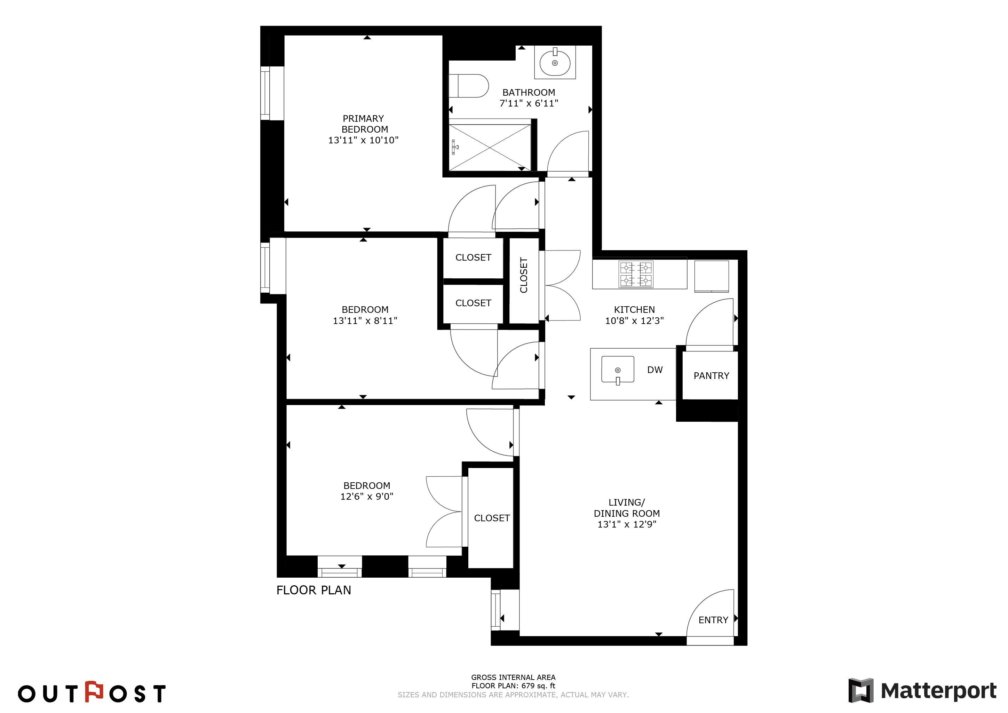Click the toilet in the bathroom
pos(468,86)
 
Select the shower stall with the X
pos(490,148)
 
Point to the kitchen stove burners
pos(636,274)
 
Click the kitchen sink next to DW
pos(618,370)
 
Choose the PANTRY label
pos(711,376)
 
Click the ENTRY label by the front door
pos(713,620)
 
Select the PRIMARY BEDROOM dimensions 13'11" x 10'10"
pos(364,140)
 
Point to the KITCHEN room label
pos(634,309)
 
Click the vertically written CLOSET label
pos(523,275)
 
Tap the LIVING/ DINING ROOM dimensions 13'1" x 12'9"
pos(627,524)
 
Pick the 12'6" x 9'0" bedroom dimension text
pos(367,497)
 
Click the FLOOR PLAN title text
pos(314,590)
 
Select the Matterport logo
pos(922,690)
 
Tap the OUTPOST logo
pos(92,692)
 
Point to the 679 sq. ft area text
pos(538,686)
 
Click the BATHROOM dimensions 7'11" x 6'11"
pos(529,103)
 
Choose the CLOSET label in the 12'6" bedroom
pos(492,518)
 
